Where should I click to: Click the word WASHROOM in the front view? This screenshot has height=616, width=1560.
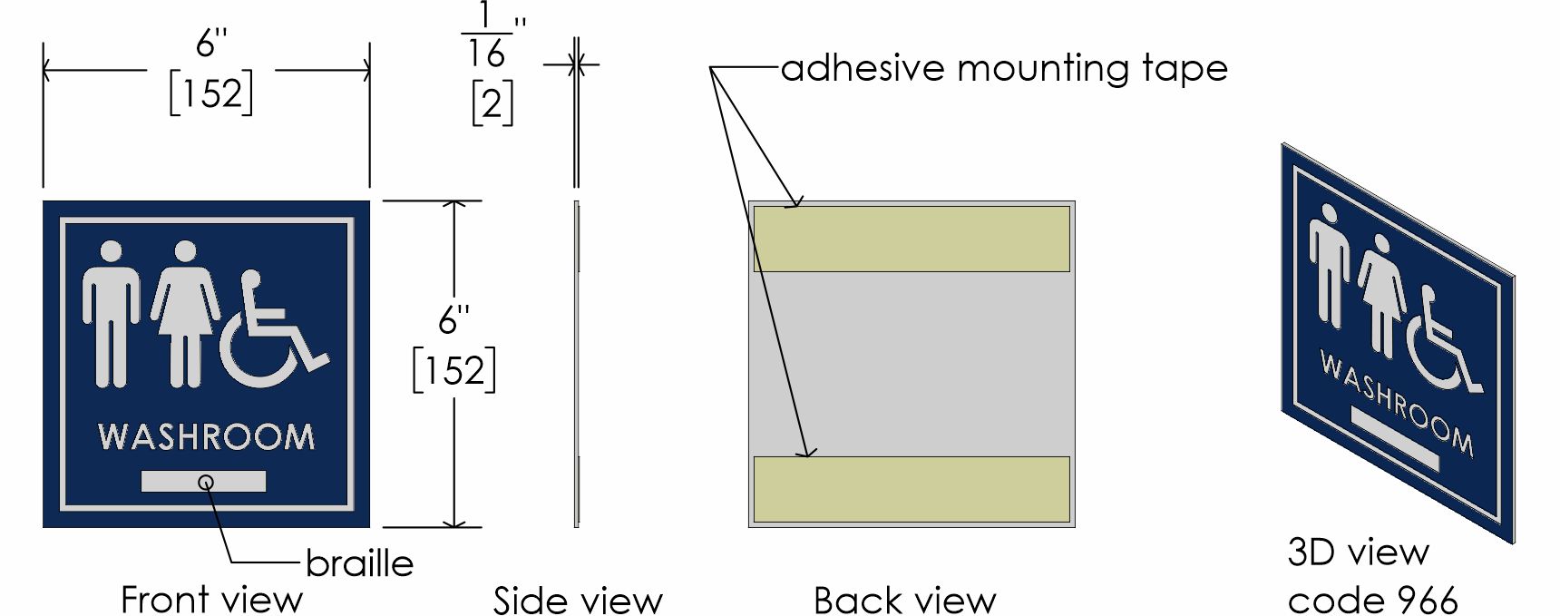click(206, 436)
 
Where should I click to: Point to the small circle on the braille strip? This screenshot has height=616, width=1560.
click(207, 482)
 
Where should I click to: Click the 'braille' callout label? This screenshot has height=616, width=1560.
click(359, 563)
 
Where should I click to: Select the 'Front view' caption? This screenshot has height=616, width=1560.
click(211, 599)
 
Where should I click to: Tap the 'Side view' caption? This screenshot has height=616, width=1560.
click(578, 600)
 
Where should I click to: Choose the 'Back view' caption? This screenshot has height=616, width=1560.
click(904, 600)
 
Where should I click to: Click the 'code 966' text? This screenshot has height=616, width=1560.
click(1372, 600)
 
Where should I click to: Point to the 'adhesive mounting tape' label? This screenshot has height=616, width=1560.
click(1004, 68)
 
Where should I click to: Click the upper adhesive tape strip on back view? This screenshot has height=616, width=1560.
click(912, 239)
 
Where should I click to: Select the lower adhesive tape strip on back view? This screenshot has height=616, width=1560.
click(912, 490)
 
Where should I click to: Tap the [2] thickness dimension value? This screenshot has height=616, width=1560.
click(492, 103)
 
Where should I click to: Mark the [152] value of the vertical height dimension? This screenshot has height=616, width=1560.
click(453, 370)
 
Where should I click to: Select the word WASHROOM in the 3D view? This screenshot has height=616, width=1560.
click(1396, 404)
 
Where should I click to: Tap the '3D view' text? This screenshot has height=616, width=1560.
click(1358, 552)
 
